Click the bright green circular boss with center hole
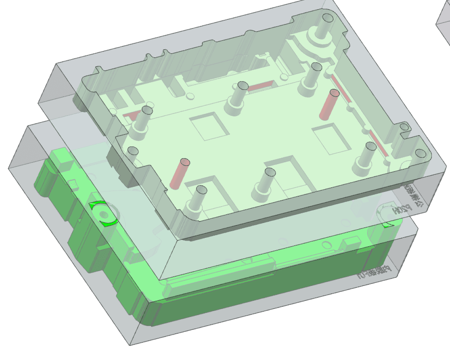103,214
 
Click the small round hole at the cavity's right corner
420,153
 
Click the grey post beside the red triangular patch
142,122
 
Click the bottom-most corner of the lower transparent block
131,345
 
